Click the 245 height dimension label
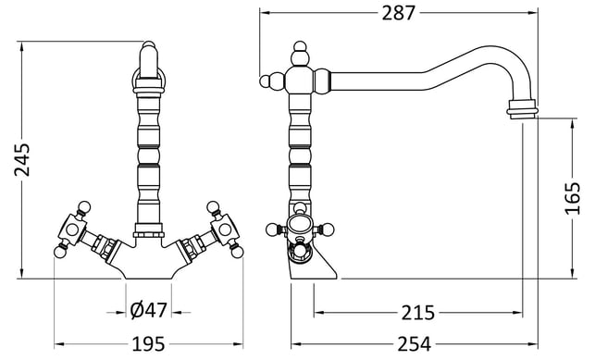(x=22, y=159)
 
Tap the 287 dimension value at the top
(x=399, y=13)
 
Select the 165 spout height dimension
(x=573, y=198)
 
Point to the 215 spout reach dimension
(x=417, y=313)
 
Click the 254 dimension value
(x=415, y=344)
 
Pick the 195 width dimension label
(x=148, y=344)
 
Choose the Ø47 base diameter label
(x=148, y=310)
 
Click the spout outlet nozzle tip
(x=523, y=109)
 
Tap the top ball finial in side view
(x=300, y=46)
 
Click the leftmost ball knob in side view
(x=266, y=81)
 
